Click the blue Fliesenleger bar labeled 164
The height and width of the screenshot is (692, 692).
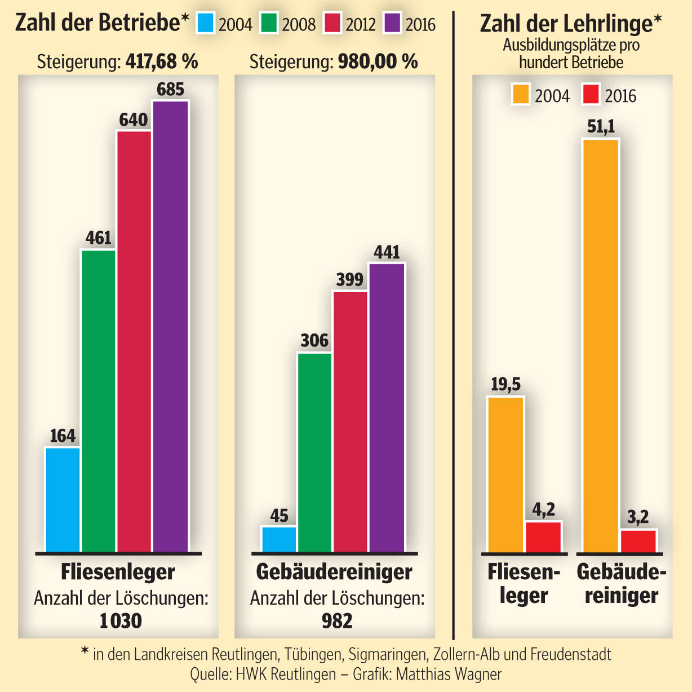63,500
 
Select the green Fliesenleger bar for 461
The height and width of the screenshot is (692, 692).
99,401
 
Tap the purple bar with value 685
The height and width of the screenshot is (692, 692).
171,326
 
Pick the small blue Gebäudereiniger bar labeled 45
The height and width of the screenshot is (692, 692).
279,539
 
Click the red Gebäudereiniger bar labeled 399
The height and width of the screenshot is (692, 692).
350,422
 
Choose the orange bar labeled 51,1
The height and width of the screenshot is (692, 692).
601,345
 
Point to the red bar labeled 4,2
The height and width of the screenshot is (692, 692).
543,537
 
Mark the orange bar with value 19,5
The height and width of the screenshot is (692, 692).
505,474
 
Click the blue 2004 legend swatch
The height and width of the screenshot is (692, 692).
206,24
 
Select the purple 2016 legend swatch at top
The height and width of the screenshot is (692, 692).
392,24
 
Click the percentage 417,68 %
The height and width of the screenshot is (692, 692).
162,61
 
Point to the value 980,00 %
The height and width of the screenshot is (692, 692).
378,61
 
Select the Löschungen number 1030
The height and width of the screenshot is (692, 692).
121,621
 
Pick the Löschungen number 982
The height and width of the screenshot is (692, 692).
337,621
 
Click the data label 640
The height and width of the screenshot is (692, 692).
133,120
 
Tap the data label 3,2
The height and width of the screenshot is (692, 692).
638,517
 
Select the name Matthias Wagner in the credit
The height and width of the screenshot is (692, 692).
449,674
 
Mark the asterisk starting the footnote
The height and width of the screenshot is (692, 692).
85,652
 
